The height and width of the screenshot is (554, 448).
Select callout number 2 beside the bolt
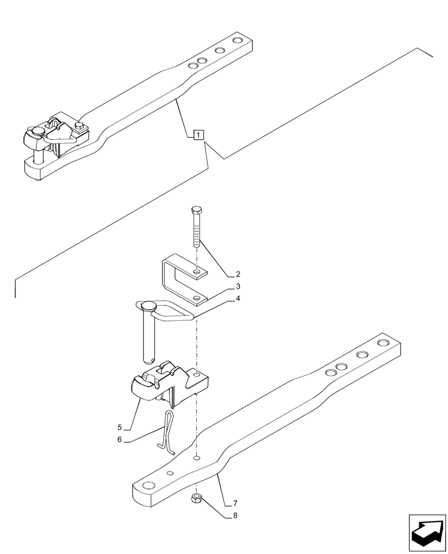237,274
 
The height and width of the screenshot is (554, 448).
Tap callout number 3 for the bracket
237,286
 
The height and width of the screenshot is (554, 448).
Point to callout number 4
237,299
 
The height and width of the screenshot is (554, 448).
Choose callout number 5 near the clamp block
119,427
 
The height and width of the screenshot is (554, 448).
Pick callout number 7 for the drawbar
235,503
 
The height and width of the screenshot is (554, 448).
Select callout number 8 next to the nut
235,516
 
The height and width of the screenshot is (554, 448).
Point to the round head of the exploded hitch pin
150,306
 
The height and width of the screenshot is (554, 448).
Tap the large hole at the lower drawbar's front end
149,485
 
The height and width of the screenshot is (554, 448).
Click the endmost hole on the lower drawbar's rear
384,343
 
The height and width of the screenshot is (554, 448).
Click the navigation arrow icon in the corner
427,533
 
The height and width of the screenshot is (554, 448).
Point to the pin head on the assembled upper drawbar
38,131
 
